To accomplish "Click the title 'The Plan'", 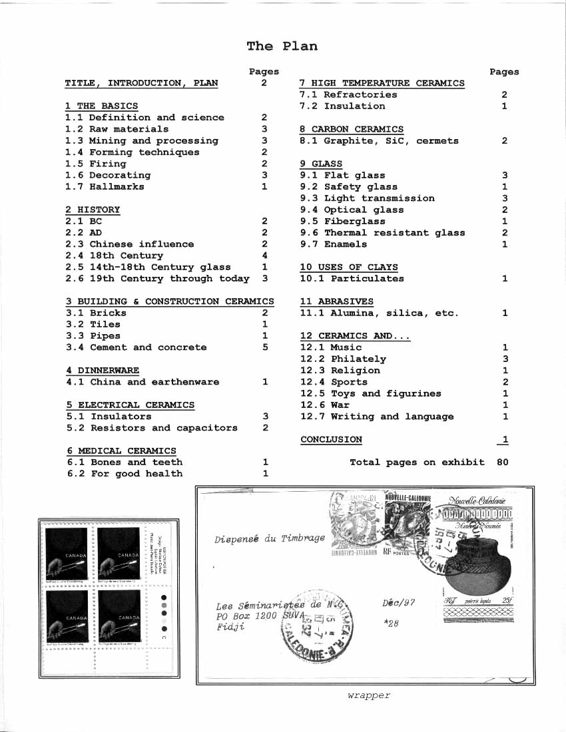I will pos(282,46).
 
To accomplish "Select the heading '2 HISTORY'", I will pos(93,210).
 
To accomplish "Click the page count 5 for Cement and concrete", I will pos(265,347).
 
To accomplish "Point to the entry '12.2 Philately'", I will pos(343,359).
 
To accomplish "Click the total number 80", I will pos(503,462).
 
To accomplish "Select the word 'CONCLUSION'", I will pos(331,439).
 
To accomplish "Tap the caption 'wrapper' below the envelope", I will pos(368,695).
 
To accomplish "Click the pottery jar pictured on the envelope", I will pos(474,570).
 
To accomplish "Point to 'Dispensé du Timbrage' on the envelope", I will pos(270,538).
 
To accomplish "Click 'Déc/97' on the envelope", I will pos(399,602).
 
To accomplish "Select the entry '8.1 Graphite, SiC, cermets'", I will pos(379,141).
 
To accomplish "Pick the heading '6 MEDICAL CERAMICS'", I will pos(121,451).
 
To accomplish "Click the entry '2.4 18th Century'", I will pos(114,256).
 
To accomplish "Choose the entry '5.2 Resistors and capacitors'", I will pos(152,428).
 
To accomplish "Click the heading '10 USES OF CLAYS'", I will pos(349,267).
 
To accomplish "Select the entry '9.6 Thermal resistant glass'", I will pos(382,233).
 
